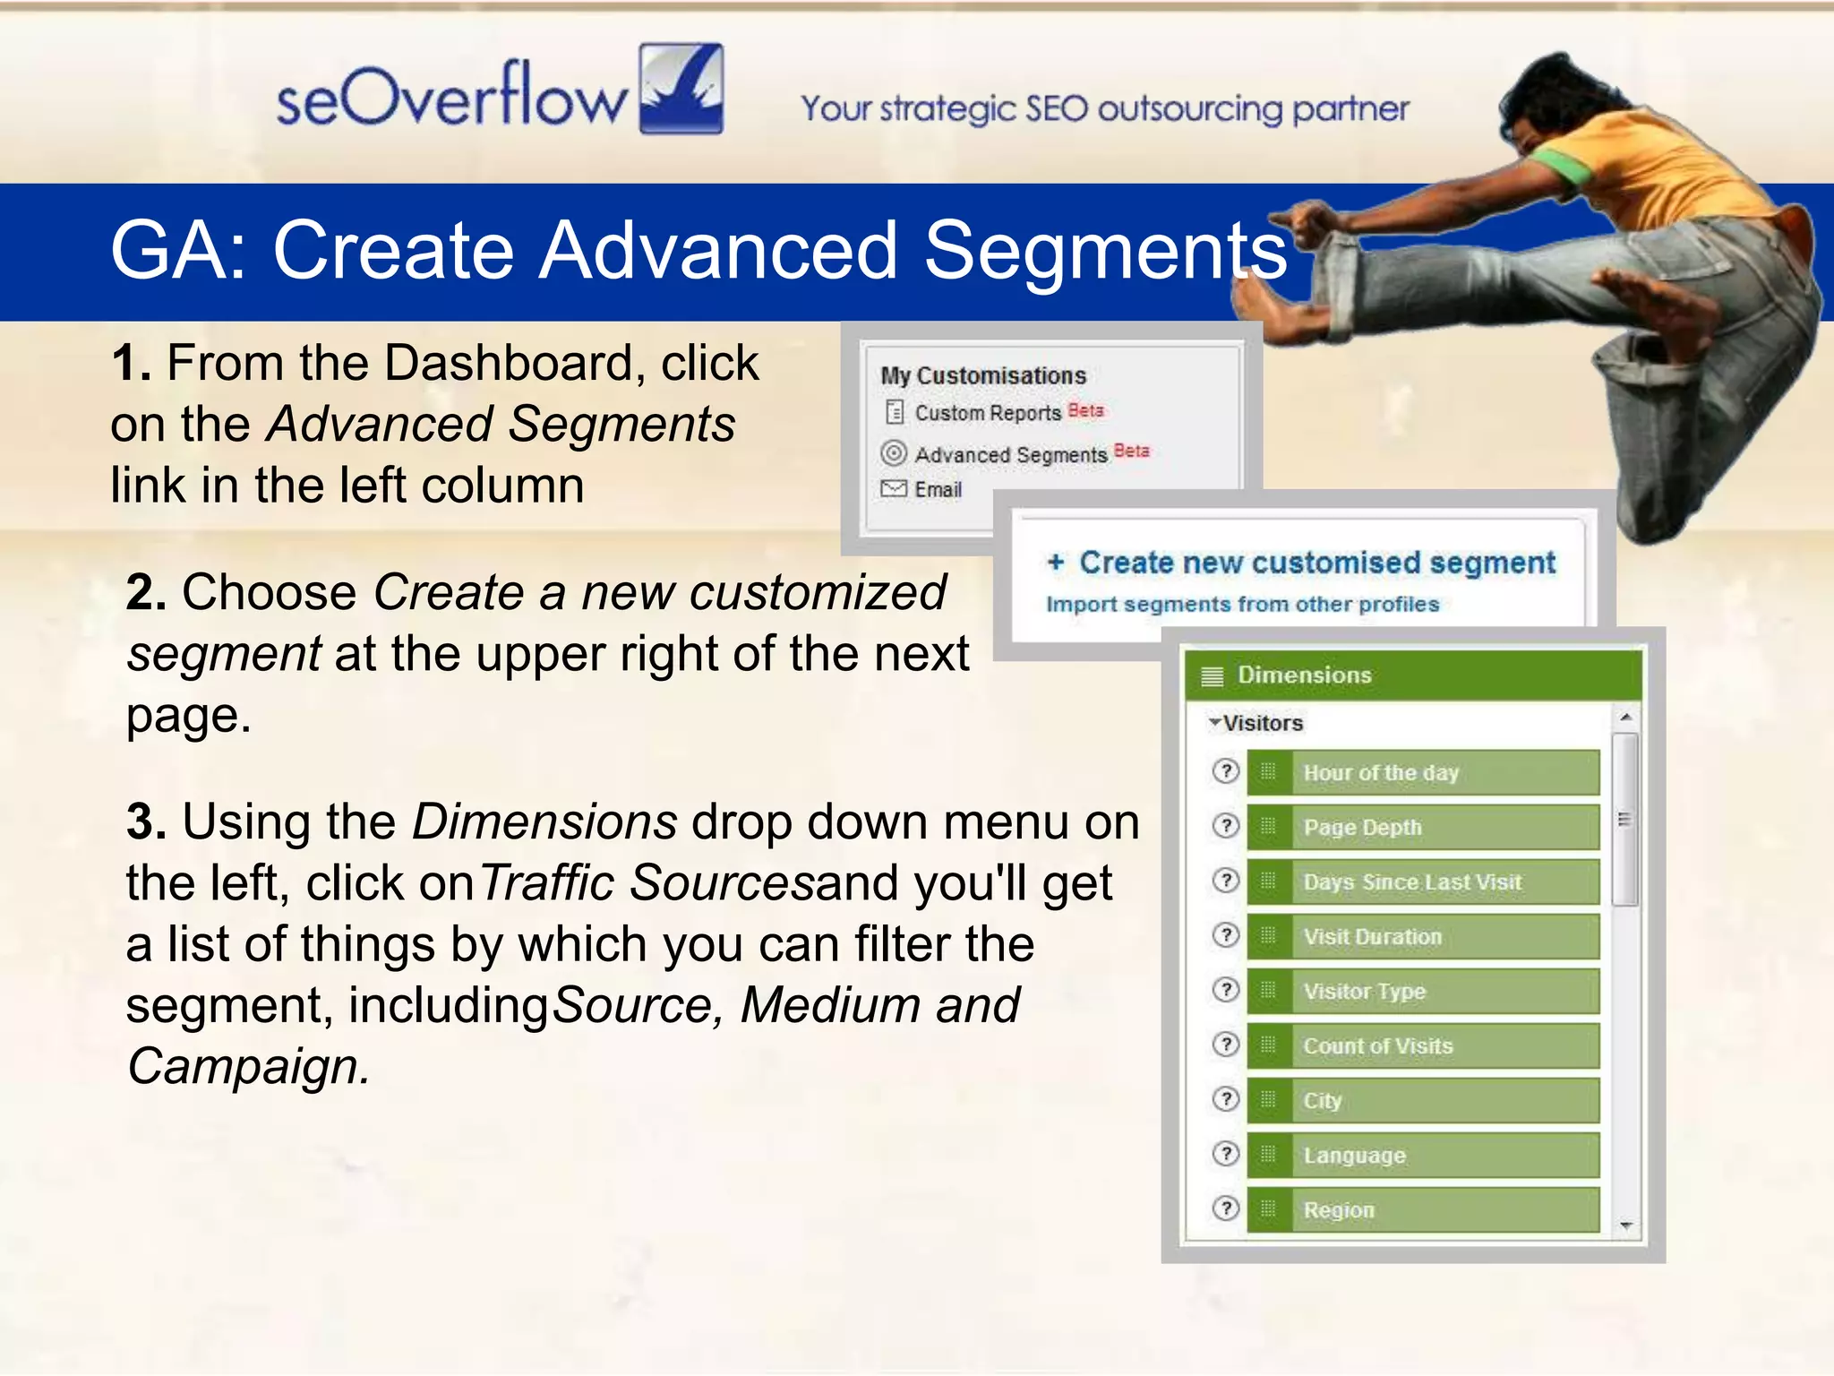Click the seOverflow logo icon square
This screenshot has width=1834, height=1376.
point(681,89)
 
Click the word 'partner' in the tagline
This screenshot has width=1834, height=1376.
point(1350,109)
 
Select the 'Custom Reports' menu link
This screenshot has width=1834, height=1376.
point(987,413)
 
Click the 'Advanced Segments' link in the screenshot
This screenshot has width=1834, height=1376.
point(1010,455)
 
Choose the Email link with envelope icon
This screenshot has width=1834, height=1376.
point(937,490)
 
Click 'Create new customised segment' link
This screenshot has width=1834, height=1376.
point(1316,563)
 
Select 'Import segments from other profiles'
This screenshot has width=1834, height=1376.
point(1242,605)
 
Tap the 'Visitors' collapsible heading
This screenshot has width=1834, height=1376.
point(1262,723)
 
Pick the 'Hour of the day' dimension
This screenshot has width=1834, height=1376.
point(1424,773)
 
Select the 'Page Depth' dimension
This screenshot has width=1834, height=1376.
point(1424,828)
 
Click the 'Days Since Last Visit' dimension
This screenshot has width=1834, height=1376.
point(1424,882)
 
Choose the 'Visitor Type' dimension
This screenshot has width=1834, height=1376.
point(1424,992)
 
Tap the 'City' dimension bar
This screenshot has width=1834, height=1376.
point(1424,1101)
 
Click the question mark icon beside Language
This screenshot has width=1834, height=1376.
point(1225,1154)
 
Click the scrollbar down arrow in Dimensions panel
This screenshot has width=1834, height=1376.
point(1626,1225)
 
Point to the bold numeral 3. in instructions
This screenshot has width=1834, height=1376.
point(146,822)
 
